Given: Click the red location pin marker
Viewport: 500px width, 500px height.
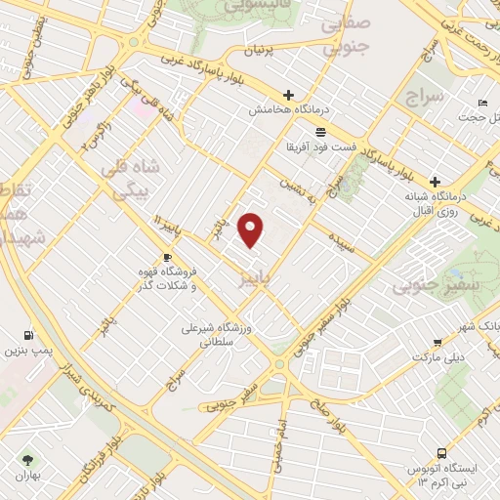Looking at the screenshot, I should coord(251,230).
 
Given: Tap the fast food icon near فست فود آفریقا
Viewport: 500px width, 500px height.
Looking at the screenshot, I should coord(320,132).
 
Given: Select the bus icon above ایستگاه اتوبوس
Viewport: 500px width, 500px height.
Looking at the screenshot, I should coord(442,453).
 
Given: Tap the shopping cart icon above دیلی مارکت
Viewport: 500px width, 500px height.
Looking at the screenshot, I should coord(436,343).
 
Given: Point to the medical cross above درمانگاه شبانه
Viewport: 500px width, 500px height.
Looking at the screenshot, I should coord(436,182).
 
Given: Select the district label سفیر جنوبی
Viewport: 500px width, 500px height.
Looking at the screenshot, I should coord(422,287).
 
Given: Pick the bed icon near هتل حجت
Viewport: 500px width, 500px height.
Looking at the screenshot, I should coord(481,103).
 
